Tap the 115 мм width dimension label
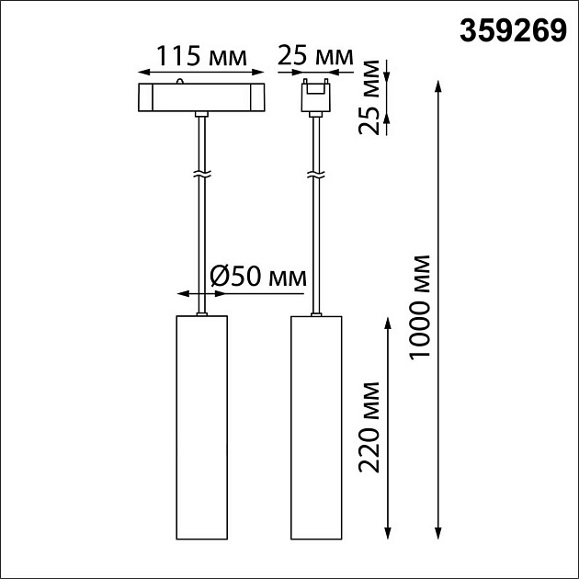[201, 55]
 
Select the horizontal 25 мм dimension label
[315, 55]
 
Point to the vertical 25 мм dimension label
[371, 97]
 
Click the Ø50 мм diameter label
[257, 275]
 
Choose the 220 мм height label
[371, 425]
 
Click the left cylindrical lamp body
[200, 427]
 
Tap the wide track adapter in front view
[200, 96]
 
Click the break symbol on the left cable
[200, 174]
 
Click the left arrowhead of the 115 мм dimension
[143, 71]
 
